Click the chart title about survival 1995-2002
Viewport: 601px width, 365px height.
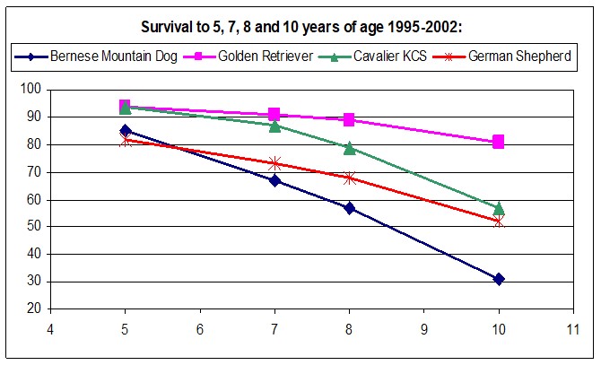pos(300,26)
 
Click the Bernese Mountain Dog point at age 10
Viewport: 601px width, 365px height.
pos(498,279)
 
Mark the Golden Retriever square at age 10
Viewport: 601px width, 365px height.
pos(498,142)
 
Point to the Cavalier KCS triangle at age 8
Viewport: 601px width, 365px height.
pos(349,148)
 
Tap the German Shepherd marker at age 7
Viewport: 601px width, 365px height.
pos(274,163)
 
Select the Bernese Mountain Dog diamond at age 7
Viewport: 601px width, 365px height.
pos(274,180)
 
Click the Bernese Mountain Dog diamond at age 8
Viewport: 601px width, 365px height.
pos(349,208)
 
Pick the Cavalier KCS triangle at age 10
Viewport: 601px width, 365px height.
pos(498,208)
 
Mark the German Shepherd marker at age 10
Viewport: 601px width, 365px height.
pos(498,222)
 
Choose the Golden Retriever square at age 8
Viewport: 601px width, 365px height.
pos(349,120)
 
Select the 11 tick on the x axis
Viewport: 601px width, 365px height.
pos(572,328)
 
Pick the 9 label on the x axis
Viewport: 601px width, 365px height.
pos(423,328)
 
